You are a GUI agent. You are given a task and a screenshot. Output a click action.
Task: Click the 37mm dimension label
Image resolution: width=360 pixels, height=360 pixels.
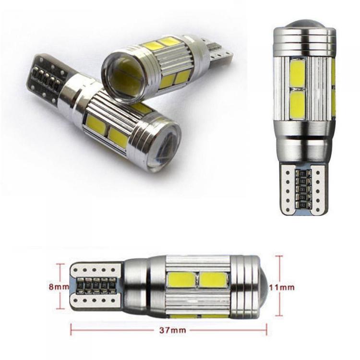pyautogui.click(x=172, y=330)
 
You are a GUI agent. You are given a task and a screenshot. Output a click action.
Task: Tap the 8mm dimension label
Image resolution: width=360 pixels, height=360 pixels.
pyautogui.click(x=59, y=287)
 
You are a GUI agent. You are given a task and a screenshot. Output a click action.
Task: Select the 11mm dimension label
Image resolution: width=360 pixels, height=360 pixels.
pyautogui.click(x=281, y=287)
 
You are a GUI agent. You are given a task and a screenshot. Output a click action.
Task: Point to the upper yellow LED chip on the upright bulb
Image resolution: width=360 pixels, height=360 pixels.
pyautogui.click(x=298, y=73)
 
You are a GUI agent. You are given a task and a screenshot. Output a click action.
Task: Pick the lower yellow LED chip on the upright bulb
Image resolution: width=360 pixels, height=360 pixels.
pyautogui.click(x=298, y=106)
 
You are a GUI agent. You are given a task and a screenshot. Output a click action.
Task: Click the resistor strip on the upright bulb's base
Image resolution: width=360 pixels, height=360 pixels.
pyautogui.click(x=302, y=189)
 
